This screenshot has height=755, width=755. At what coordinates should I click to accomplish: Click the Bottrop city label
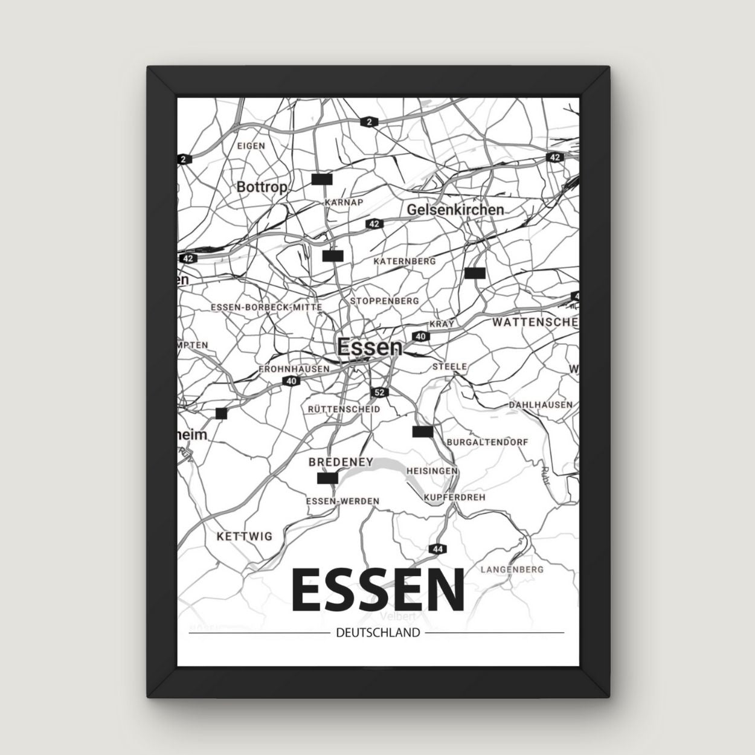click(262, 187)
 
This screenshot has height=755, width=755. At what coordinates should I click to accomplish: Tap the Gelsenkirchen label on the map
click(455, 210)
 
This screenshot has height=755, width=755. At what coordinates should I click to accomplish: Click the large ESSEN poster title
click(378, 591)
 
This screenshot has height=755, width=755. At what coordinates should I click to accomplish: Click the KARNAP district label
click(344, 202)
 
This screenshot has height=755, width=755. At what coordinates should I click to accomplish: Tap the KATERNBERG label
click(405, 262)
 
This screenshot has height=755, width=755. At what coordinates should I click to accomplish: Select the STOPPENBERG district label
click(385, 300)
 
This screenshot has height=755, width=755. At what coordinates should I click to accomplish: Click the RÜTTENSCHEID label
click(344, 409)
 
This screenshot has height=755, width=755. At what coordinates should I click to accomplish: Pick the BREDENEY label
click(341, 462)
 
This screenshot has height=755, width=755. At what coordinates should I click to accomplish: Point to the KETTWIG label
click(244, 536)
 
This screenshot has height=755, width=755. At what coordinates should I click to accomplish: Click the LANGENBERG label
click(512, 569)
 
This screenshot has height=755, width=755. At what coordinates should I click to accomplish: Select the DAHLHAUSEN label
click(541, 404)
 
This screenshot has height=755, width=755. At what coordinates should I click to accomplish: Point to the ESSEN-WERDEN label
click(342, 501)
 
